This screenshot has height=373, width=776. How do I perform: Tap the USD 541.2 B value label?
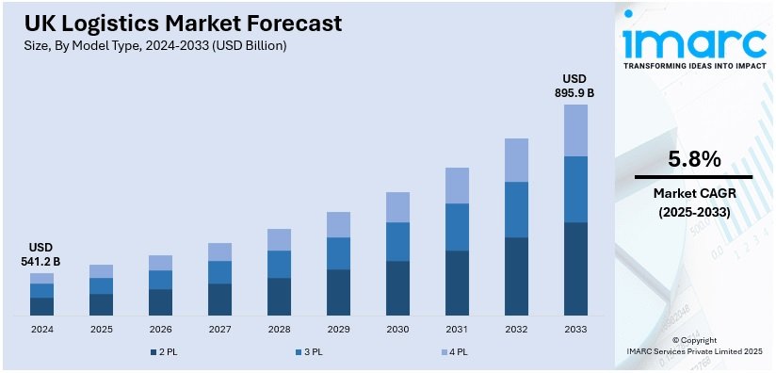[x=41, y=254]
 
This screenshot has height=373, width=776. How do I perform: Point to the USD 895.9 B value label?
[x=574, y=86]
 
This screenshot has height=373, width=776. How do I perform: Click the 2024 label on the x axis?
[x=41, y=329]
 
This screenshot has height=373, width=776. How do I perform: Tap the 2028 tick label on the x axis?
[x=279, y=329]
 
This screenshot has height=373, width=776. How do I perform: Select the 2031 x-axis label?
[x=457, y=329]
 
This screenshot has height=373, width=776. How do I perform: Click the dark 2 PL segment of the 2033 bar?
[x=575, y=268]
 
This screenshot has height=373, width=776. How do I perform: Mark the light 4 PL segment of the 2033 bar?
[x=575, y=130]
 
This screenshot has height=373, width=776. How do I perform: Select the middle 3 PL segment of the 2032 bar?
[x=516, y=209]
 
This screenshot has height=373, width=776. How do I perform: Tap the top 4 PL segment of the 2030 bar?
[x=397, y=207]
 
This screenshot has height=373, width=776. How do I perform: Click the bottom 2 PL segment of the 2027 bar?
[x=219, y=299]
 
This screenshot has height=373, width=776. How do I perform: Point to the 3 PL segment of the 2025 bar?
[x=101, y=285]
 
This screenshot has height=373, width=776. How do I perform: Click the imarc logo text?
[x=693, y=41]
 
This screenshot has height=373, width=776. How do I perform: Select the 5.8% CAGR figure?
[x=694, y=158]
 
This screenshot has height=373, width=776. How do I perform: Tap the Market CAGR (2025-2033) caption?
[x=694, y=203]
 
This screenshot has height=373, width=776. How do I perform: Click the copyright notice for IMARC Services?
[x=694, y=345]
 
